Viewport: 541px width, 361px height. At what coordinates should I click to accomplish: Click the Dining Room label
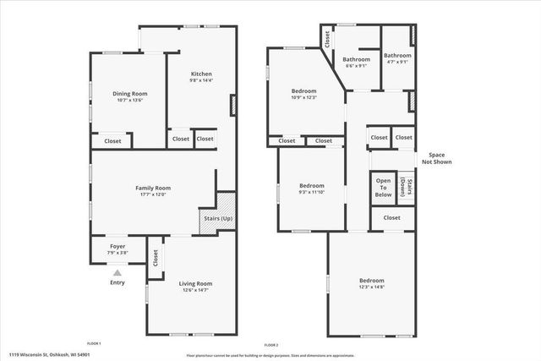[130, 93]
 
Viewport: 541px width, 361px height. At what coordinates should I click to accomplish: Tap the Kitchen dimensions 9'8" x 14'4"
[200, 81]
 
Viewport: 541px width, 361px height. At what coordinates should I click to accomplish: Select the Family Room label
[153, 188]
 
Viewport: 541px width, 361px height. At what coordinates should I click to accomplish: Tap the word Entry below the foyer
[117, 282]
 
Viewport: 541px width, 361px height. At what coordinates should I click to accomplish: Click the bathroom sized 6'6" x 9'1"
[356, 60]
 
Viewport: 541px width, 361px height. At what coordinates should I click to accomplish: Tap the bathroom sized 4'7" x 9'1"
[397, 56]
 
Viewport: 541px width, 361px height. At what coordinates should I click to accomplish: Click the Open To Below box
[384, 187]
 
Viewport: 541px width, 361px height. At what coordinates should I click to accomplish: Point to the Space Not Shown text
[437, 158]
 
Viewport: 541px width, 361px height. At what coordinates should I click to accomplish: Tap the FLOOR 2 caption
[270, 346]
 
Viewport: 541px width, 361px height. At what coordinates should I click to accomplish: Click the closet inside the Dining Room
[112, 141]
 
